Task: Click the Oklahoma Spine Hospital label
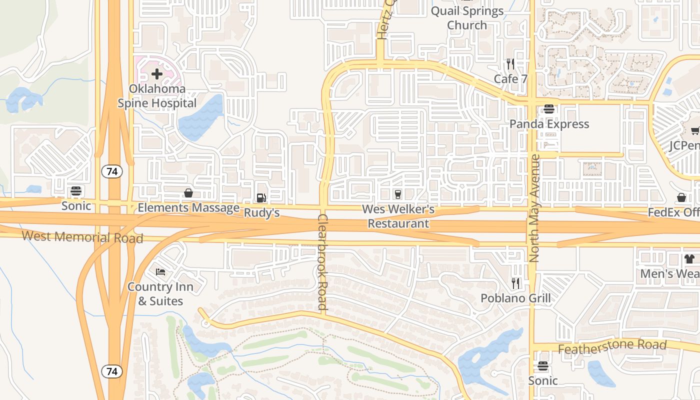[156, 96]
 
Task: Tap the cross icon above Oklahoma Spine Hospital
[157, 74]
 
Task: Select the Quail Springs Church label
[467, 18]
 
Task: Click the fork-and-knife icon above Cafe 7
[510, 64]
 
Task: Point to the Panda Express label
[549, 124]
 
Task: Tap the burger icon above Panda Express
[549, 109]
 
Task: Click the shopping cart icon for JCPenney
[694, 131]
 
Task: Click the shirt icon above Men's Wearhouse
[689, 259]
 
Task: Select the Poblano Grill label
[515, 298]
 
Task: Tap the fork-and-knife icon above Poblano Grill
[515, 283]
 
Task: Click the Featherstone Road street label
[612, 346]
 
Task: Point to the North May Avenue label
[534, 208]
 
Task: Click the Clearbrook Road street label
[322, 262]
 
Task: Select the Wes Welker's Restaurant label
[398, 216]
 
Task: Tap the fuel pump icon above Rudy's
[261, 198]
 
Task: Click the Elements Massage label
[188, 207]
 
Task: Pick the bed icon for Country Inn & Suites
[160, 272]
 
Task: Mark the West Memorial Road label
[82, 236]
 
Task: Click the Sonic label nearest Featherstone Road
[543, 380]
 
